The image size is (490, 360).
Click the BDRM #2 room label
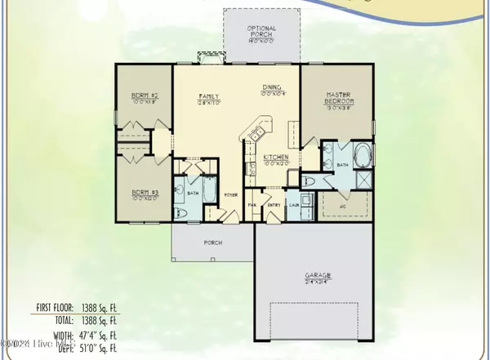145,96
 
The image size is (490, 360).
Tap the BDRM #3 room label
145,193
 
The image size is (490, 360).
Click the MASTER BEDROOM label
339,98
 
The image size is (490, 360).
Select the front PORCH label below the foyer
212,242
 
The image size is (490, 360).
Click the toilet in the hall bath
183,213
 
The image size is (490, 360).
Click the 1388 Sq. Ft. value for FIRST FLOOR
100,308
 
